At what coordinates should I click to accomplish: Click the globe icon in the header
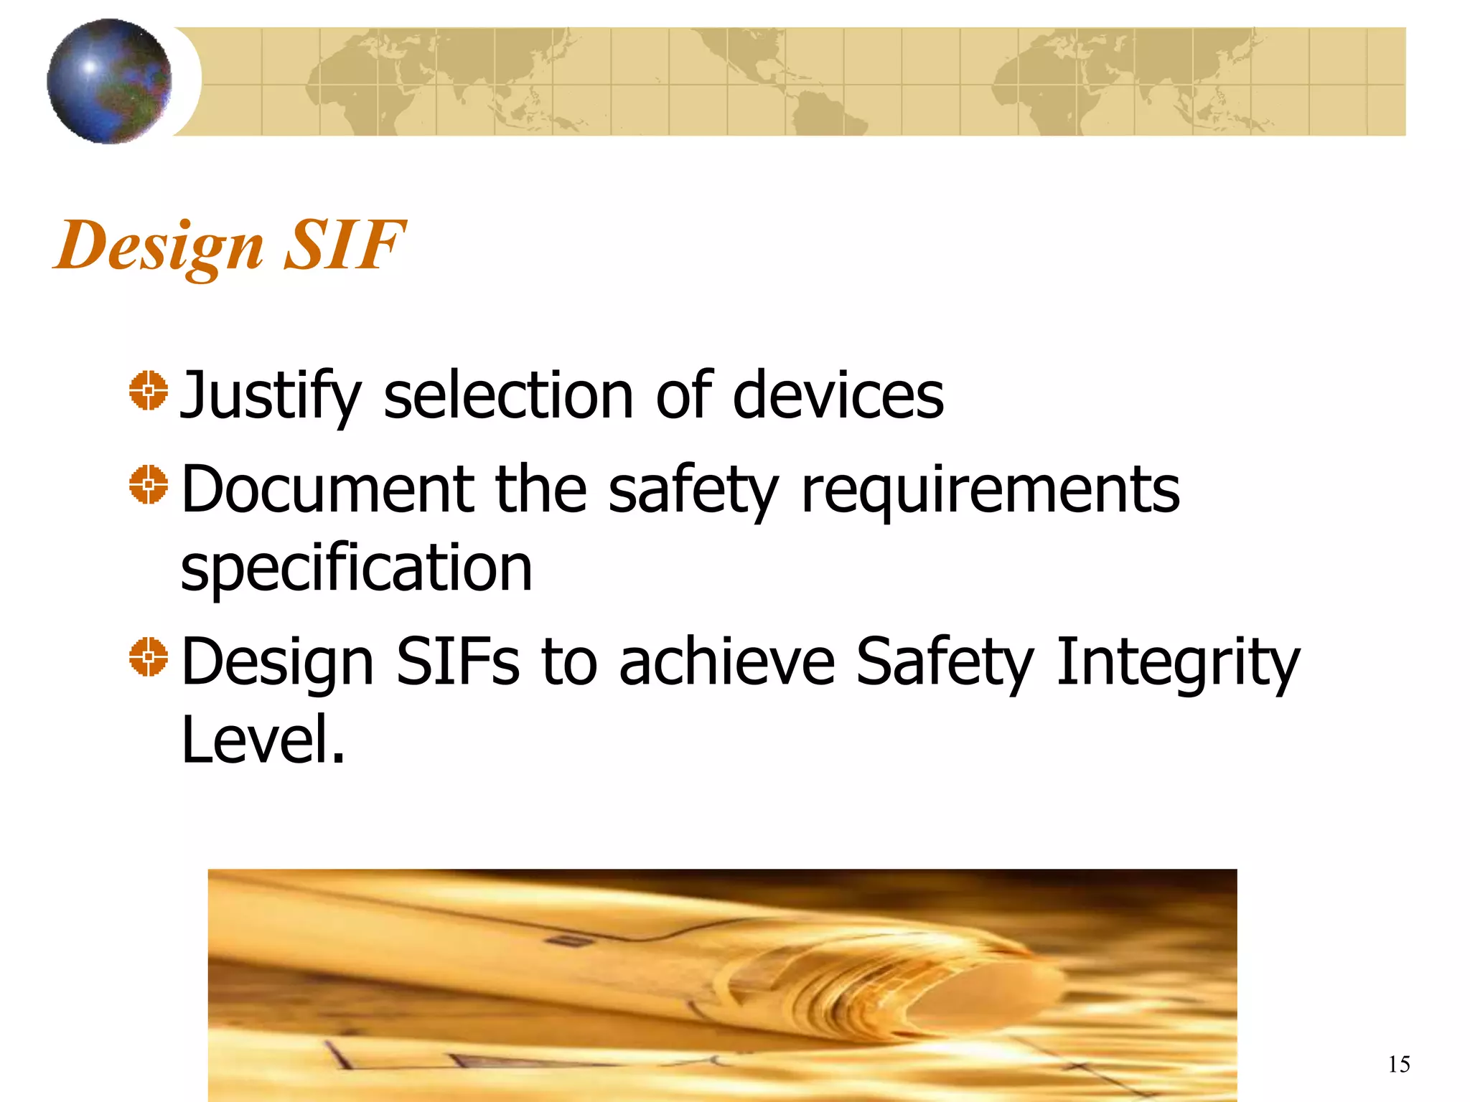[109, 81]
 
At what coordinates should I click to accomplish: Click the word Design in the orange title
[159, 246]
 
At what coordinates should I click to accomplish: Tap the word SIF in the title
[345, 246]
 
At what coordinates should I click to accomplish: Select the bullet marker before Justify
[149, 391]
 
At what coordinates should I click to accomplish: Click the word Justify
[270, 396]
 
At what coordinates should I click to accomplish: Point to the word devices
[838, 396]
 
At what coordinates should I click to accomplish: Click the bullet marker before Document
[149, 484]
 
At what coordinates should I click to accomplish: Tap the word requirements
[990, 489]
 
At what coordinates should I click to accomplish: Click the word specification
[356, 568]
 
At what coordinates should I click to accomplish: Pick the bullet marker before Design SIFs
[149, 656]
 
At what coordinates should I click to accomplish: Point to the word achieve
[726, 661]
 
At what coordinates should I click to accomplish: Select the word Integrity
[1177, 661]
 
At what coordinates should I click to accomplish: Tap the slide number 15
[1399, 1064]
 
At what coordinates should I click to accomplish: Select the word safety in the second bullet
[693, 489]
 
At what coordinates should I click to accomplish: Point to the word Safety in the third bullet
[945, 661]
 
